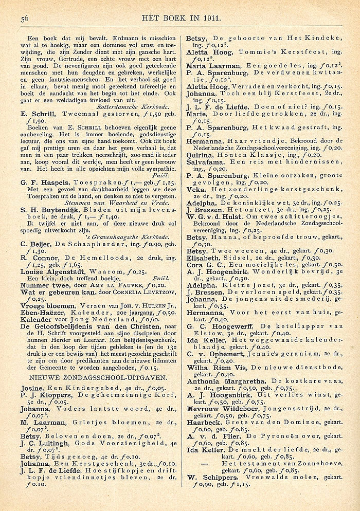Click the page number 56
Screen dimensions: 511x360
pos(24,19)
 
